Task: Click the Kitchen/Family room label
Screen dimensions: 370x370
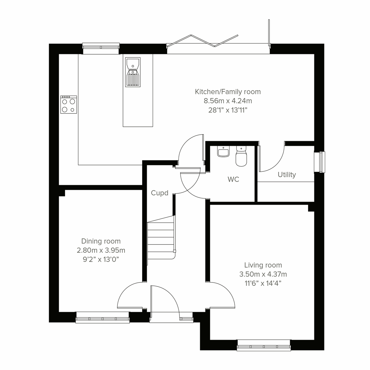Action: tap(228, 92)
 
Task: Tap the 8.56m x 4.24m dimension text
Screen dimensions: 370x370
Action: tap(228, 101)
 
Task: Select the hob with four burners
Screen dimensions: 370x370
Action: tap(68, 105)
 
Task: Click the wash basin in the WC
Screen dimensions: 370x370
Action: tap(223, 152)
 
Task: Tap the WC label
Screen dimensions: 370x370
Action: tap(233, 179)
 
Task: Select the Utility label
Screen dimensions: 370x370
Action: tap(287, 175)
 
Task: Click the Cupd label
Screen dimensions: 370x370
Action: tap(159, 193)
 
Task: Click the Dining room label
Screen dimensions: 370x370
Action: tap(101, 241)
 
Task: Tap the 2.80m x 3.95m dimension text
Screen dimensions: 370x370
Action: tap(101, 250)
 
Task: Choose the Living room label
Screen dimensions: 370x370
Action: tap(263, 265)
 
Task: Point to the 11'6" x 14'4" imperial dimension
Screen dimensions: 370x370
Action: tap(263, 283)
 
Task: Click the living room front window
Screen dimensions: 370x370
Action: tap(264, 345)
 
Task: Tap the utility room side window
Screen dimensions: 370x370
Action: tap(320, 162)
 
